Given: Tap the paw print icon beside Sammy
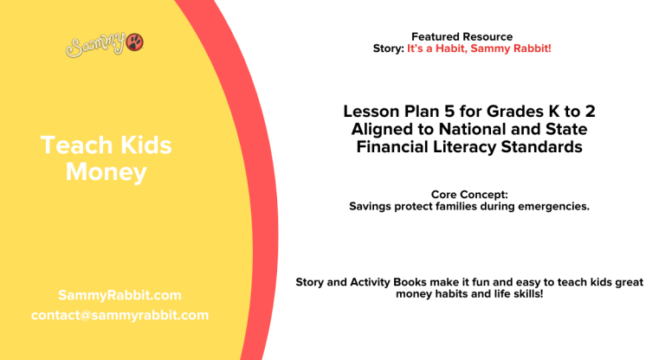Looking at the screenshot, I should (136, 42).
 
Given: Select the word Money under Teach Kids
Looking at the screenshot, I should (107, 172).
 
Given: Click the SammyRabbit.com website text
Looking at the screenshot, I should (119, 295).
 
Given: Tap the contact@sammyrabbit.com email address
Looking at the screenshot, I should (119, 315).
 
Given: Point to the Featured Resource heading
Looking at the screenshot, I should (462, 36).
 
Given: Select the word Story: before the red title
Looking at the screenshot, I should (388, 48).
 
